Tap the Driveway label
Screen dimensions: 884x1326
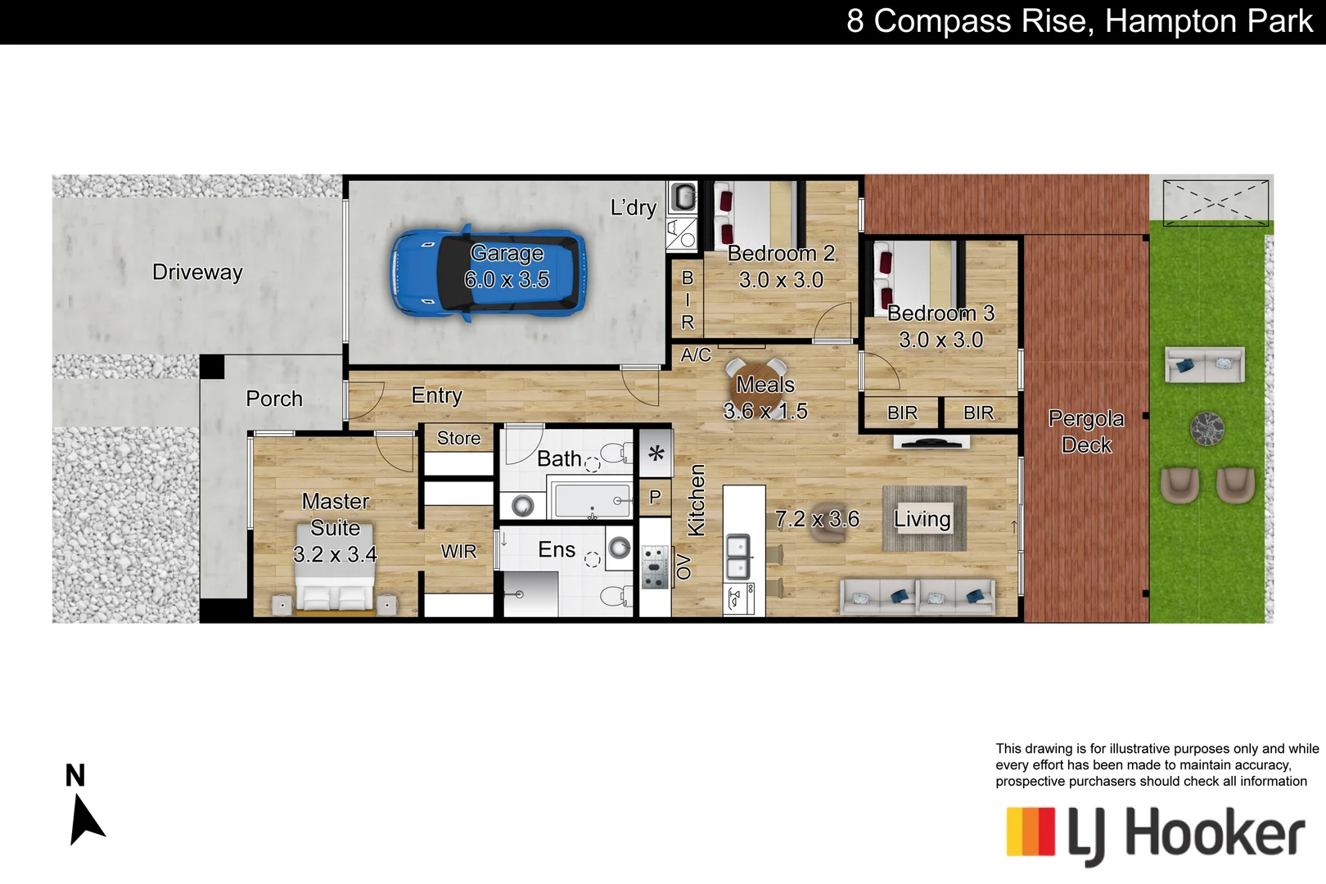(x=197, y=272)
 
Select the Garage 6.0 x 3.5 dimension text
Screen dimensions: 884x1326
(x=507, y=280)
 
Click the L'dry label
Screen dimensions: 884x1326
(x=634, y=207)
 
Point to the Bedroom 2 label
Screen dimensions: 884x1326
(x=781, y=254)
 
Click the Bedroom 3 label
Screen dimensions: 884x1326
(x=940, y=313)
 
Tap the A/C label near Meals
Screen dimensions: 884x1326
(x=696, y=354)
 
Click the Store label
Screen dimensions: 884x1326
(x=458, y=438)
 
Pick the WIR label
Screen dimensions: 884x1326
(x=458, y=552)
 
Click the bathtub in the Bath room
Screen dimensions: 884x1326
(x=593, y=500)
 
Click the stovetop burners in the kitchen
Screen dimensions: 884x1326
(x=654, y=567)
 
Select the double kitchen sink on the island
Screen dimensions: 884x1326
(x=739, y=555)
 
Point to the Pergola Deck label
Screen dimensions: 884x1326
(x=1086, y=431)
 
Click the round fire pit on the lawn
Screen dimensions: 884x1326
(x=1206, y=429)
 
